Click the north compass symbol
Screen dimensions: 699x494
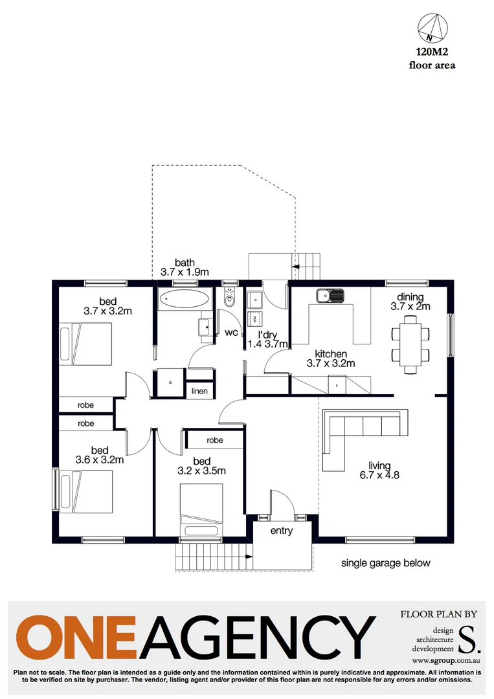coord(432,28)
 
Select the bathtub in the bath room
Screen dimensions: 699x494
coord(185,300)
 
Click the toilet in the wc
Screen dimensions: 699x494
coord(228,300)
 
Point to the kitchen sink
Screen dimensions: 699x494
coord(330,296)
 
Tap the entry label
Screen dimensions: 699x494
coord(282,531)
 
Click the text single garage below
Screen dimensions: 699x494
coord(386,563)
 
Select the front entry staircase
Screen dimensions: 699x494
coord(213,557)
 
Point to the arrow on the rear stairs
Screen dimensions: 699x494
coord(300,265)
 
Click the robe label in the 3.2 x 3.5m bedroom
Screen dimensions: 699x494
coord(215,440)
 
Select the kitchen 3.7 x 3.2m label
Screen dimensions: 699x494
coord(331,359)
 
